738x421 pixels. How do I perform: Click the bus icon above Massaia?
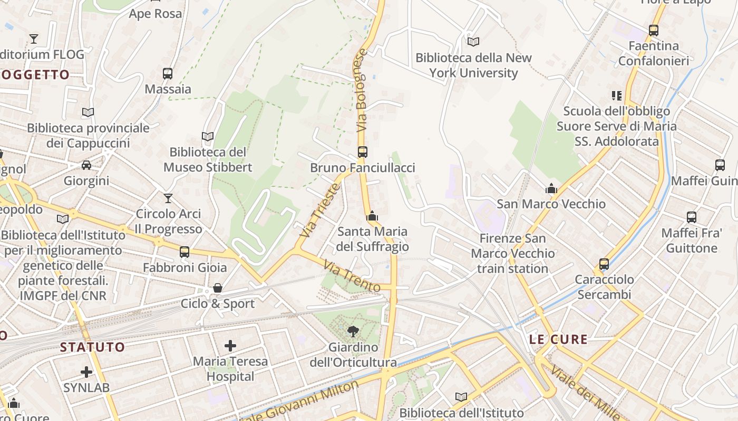(x=168, y=74)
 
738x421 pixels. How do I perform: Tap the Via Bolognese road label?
(x=361, y=91)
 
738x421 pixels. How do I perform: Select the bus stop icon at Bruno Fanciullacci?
(x=362, y=152)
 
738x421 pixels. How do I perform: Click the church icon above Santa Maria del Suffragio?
(x=372, y=216)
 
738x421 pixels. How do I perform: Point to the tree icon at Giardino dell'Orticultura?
(x=353, y=331)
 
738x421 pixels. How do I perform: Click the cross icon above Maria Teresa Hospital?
(x=230, y=346)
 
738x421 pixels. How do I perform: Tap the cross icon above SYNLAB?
(x=86, y=372)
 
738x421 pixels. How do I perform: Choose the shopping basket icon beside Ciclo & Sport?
(x=217, y=288)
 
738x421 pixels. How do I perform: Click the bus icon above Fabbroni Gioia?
(x=184, y=252)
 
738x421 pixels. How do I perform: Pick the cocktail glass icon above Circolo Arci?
(x=168, y=198)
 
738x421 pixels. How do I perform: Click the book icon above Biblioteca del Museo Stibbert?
(x=208, y=137)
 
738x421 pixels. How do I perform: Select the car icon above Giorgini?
(x=86, y=165)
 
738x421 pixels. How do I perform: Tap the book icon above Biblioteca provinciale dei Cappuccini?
(x=88, y=112)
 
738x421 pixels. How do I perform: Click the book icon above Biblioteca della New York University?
(x=473, y=42)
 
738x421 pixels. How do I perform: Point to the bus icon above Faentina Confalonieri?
(x=654, y=31)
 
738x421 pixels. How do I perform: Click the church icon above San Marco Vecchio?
(x=551, y=188)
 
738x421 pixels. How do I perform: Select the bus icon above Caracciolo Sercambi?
(x=604, y=264)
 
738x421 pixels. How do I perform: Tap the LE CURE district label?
(x=558, y=339)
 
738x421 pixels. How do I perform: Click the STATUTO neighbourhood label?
(x=92, y=347)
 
